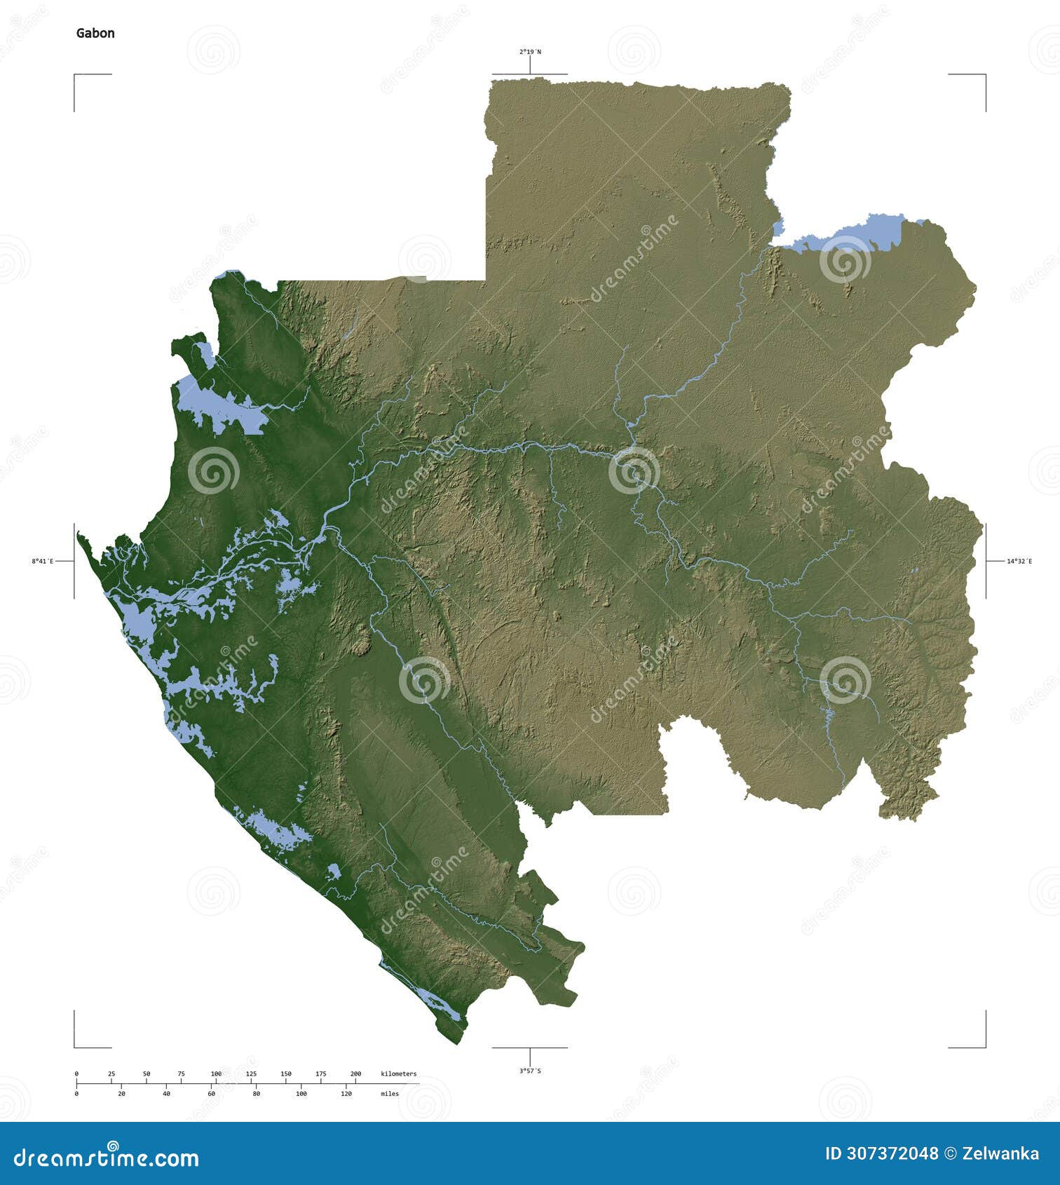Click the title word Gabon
pyautogui.click(x=95, y=33)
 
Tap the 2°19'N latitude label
pyautogui.click(x=530, y=52)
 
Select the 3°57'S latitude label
pyautogui.click(x=530, y=1071)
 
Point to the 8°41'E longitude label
pyautogui.click(x=43, y=561)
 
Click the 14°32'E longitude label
pyautogui.click(x=1019, y=561)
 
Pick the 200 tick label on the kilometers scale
pyautogui.click(x=355, y=1074)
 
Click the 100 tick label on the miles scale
pyautogui.click(x=301, y=1094)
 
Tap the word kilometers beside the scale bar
pyautogui.click(x=398, y=1074)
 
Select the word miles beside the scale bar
pyautogui.click(x=390, y=1094)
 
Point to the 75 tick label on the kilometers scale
pyautogui.click(x=181, y=1074)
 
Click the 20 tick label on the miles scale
pyautogui.click(x=121, y=1094)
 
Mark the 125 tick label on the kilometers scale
pyautogui.click(x=251, y=1074)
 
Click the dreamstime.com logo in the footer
pyautogui.click(x=107, y=1158)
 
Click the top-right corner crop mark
pyautogui.click(x=984, y=75)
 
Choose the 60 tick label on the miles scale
pyautogui.click(x=211, y=1094)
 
